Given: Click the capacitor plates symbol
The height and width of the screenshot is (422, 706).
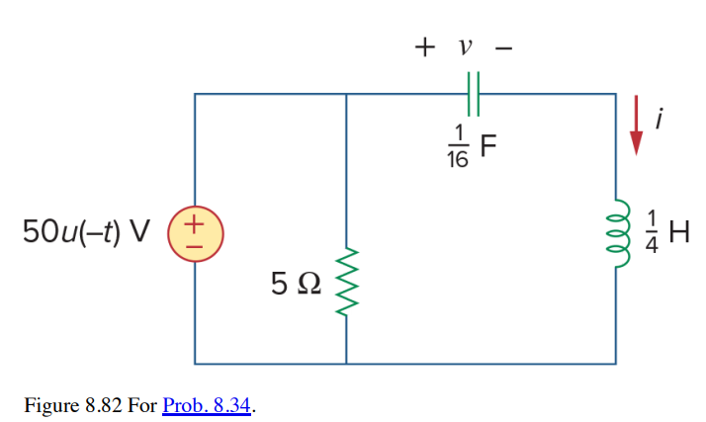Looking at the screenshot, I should click(x=472, y=93).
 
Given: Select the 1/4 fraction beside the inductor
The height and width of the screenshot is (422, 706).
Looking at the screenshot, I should click(x=650, y=233).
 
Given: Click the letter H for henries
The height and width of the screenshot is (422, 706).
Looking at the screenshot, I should click(x=678, y=233).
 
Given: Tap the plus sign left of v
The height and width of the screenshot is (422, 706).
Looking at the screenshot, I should click(x=425, y=46).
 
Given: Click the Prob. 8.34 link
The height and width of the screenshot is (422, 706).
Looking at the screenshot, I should click(x=206, y=406).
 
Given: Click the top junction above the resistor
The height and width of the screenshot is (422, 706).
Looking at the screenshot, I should click(x=346, y=93).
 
